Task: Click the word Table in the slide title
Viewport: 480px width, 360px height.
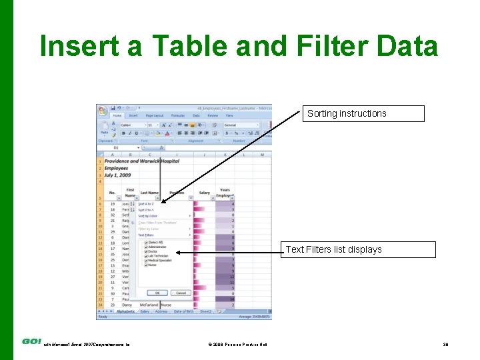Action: (x=193, y=47)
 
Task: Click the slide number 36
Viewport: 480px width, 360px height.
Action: (x=445, y=344)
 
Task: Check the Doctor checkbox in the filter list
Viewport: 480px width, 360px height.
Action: (x=146, y=251)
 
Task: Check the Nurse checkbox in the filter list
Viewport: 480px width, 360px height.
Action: (x=146, y=265)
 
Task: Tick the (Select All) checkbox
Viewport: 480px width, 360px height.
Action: (x=146, y=242)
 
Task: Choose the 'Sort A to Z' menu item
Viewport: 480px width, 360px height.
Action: (x=147, y=204)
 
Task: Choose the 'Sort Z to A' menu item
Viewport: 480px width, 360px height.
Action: (x=147, y=210)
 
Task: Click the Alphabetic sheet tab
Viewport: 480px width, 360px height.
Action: (x=125, y=311)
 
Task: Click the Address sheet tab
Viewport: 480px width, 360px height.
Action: (x=162, y=311)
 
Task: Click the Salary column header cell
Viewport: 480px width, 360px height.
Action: (x=204, y=193)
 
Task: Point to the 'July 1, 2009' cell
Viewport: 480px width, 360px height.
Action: (x=117, y=175)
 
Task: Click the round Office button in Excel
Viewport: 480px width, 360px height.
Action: (x=101, y=109)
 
